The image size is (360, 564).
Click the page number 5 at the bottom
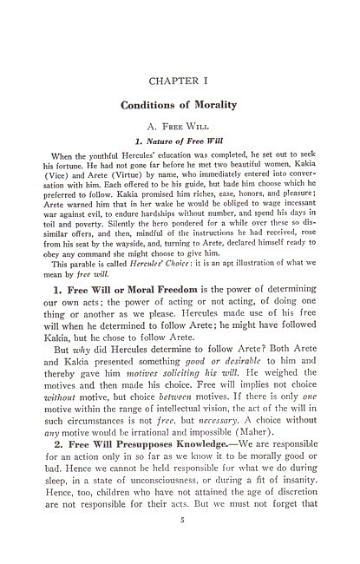click(x=180, y=543)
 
